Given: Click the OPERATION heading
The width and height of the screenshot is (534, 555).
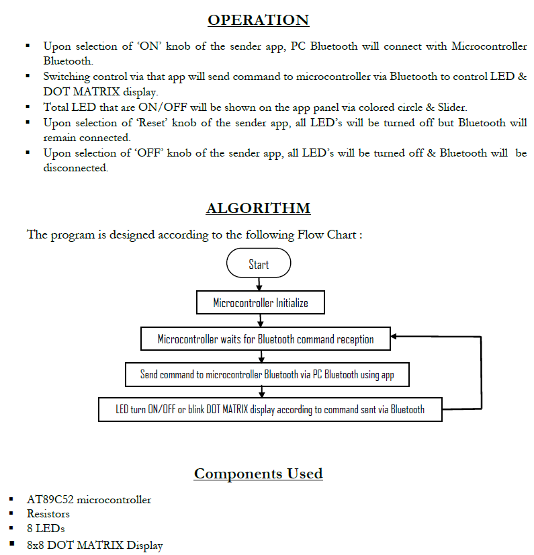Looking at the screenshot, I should (x=259, y=20).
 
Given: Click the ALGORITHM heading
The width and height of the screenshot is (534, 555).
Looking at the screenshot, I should (x=259, y=208).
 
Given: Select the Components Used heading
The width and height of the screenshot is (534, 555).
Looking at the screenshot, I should (x=259, y=474).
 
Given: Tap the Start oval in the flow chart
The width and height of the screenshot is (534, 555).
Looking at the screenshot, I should (x=259, y=264).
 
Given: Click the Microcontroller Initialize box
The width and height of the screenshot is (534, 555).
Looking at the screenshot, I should (x=261, y=302).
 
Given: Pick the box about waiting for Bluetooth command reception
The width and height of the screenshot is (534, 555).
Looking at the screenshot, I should (x=266, y=339).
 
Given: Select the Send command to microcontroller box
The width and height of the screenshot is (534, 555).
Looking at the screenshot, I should (x=267, y=374).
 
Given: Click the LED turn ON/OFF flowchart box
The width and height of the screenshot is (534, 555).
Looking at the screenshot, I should (x=270, y=409).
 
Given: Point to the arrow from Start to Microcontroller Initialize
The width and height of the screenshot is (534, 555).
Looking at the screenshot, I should (x=259, y=285).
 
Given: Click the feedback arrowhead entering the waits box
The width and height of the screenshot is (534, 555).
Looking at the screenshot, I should (x=397, y=335).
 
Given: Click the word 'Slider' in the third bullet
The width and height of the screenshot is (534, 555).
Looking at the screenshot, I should (x=450, y=107).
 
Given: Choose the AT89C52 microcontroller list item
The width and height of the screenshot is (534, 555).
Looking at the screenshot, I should (x=89, y=500).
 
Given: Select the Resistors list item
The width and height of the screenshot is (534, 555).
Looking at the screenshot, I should (x=48, y=514).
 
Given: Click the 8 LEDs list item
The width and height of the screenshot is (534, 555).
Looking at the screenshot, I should (x=46, y=529).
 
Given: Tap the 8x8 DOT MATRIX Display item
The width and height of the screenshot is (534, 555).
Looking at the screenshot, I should (x=95, y=546).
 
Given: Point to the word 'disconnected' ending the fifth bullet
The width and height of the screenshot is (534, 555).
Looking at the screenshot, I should (x=75, y=168).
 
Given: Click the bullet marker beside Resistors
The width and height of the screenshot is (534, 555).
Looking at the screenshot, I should (x=11, y=514).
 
